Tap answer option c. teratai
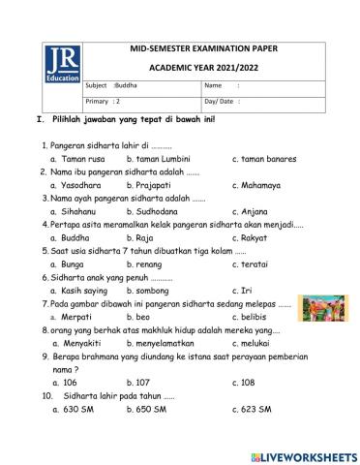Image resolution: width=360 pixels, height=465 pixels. coord(254,263)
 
